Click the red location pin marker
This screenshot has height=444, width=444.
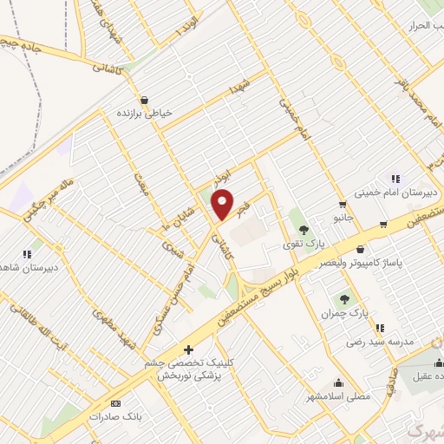pyautogui.click(x=223, y=203)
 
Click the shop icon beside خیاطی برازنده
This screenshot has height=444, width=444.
pyautogui.click(x=143, y=99)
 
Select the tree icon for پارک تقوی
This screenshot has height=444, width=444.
pyautogui.click(x=304, y=230)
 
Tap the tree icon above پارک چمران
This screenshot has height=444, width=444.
pyautogui.click(x=345, y=299)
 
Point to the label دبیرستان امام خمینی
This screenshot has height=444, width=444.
pyautogui.click(x=397, y=194)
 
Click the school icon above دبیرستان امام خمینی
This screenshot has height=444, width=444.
pyautogui.click(x=395, y=180)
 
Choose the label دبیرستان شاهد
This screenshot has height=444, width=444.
pyautogui.click(x=29, y=268)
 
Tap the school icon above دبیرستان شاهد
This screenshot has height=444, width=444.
pyautogui.click(x=26, y=253)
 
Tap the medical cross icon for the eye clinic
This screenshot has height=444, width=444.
pyautogui.click(x=189, y=350)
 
